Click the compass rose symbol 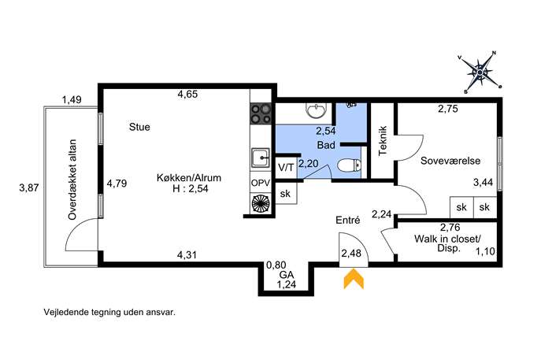pyautogui.click(x=480, y=72)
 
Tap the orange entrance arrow pyautogui.click(x=354, y=279)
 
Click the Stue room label pyautogui.click(x=139, y=127)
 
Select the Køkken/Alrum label pyautogui.click(x=189, y=178)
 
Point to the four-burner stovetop pyautogui.click(x=261, y=113)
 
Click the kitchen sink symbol pyautogui.click(x=261, y=158)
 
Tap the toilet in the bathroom pyautogui.click(x=349, y=166)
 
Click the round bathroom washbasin pyautogui.click(x=316, y=110)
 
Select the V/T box pyautogui.click(x=286, y=168)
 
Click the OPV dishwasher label pyautogui.click(x=261, y=184)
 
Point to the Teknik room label pyautogui.click(x=383, y=141)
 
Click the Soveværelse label pyautogui.click(x=450, y=161)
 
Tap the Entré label pyautogui.click(x=348, y=221)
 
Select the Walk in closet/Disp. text pyautogui.click(x=447, y=243)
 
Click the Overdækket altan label pyautogui.click(x=72, y=180)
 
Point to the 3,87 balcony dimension pyautogui.click(x=29, y=188)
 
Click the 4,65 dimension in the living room pyautogui.click(x=187, y=94)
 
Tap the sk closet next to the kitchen pyautogui.click(x=286, y=194)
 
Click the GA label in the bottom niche pyautogui.click(x=287, y=275)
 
